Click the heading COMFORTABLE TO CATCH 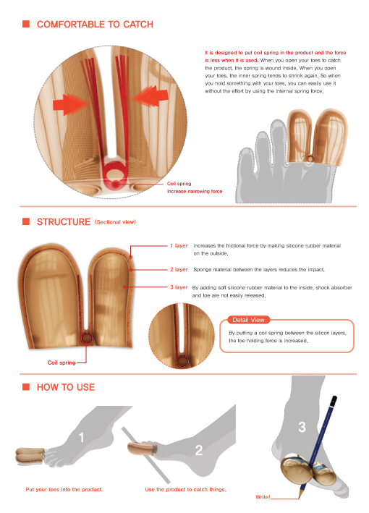tap(95, 25)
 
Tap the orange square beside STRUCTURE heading tap(26, 221)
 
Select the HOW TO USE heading tap(66, 387)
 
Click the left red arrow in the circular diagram tap(71, 104)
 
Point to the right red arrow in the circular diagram tap(150, 96)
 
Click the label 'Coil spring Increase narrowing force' tap(195, 187)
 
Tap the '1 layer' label tap(179, 245)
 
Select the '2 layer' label tap(179, 269)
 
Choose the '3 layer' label tap(179, 287)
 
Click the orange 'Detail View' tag tap(248, 320)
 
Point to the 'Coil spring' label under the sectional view tap(61, 363)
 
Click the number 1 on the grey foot tap(82, 438)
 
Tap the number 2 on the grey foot tap(198, 451)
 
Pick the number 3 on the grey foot tap(302, 427)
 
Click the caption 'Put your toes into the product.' tap(64, 489)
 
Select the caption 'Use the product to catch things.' tap(185, 489)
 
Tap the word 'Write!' tap(263, 497)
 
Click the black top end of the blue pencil tap(334, 400)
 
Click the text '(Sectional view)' tap(115, 222)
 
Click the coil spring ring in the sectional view tap(87, 339)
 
